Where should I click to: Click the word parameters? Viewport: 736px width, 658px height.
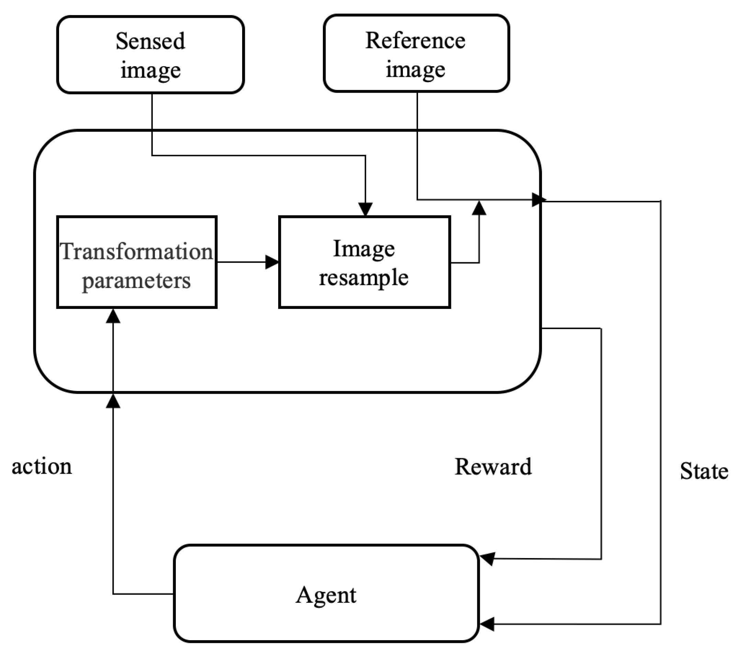tap(136, 280)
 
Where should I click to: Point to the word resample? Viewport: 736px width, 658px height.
tap(363, 278)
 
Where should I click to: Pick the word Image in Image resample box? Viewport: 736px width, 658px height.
tap(363, 249)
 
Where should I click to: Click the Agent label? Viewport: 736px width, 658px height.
tap(326, 595)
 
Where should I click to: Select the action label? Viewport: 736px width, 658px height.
tap(42, 466)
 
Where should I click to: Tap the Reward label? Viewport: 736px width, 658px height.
tap(493, 466)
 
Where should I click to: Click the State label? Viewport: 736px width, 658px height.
tap(704, 471)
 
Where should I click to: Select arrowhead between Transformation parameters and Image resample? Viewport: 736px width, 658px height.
tap(272, 262)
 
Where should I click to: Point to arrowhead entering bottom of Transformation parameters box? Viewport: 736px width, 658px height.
tap(113, 316)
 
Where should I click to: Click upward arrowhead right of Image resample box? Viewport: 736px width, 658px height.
tap(479, 208)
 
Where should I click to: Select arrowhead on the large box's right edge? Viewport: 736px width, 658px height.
tap(538, 199)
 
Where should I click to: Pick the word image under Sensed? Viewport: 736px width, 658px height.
tap(150, 70)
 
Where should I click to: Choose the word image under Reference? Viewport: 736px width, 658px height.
tap(415, 69)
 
